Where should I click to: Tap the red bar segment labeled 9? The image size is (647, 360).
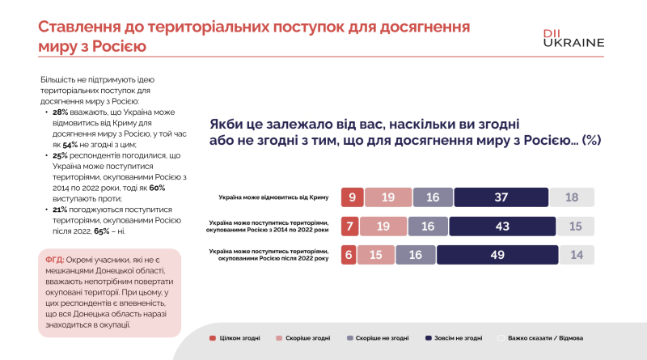pos(351,197)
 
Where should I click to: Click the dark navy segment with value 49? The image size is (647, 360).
pos(503,255)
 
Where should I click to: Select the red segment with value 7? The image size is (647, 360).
pos(349,227)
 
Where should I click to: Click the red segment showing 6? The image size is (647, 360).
pos(347,255)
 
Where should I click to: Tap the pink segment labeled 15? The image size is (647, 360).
pos(374,255)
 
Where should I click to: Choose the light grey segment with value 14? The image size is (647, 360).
pos(576,255)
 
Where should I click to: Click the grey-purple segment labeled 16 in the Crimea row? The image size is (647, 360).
pos(432,197)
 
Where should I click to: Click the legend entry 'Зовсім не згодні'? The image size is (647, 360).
pos(459,337)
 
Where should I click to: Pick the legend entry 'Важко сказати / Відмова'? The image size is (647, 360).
pos(543,337)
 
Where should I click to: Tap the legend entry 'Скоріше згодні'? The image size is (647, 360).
pos(307,337)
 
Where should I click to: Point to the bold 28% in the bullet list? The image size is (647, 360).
pos(60,112)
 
